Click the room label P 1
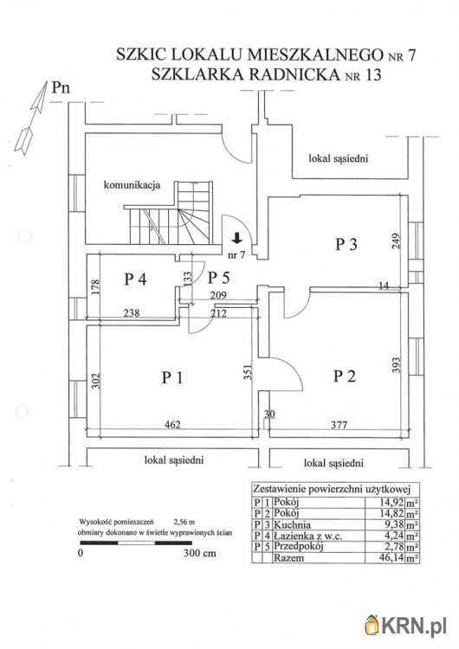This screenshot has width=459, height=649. (172, 377)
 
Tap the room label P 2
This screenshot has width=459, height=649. (345, 376)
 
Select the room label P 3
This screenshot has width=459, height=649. (346, 244)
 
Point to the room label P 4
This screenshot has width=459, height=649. (135, 279)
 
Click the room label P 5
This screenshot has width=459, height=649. (218, 277)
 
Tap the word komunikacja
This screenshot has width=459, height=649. (132, 185)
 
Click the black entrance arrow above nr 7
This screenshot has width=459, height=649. (237, 238)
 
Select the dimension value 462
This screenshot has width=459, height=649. (172, 424)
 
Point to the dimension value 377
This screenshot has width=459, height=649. (339, 425)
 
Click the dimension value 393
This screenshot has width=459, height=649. (397, 365)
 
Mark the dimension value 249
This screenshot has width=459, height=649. (397, 241)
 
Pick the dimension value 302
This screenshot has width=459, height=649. (95, 381)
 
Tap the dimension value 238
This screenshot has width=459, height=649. (132, 313)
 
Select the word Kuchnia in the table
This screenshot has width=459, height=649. (292, 525)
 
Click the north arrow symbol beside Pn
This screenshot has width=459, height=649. (31, 118)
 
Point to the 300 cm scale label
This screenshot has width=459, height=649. (200, 553)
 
